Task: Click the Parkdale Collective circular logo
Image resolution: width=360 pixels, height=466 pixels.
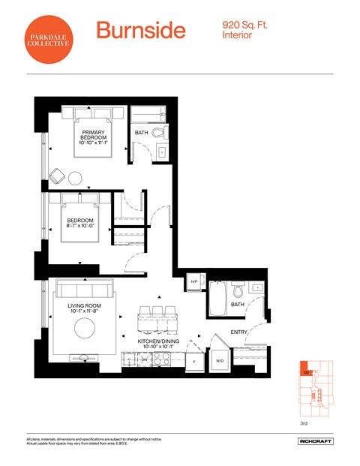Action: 49,37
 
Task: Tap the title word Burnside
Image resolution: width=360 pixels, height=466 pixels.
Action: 140,31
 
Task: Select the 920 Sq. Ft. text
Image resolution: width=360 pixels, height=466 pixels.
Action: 244,25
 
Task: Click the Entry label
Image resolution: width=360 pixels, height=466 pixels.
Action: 239,331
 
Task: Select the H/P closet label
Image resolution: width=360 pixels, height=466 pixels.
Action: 193,281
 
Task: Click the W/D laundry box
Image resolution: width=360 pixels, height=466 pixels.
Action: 220,360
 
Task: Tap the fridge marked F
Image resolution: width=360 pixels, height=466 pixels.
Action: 194,361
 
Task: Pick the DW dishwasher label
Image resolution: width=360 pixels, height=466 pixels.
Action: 145,360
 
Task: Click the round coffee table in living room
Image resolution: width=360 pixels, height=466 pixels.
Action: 83,327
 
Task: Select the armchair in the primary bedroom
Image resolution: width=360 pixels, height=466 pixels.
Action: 56,176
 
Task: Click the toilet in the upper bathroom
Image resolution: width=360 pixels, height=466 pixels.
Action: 157,133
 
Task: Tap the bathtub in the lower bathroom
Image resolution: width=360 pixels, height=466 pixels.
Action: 218,299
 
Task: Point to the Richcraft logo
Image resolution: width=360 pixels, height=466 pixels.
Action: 315,441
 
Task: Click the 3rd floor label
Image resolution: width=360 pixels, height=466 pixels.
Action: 304,424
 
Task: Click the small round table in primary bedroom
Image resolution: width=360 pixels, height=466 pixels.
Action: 75,179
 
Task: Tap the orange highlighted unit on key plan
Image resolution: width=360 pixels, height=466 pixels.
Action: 306,370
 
